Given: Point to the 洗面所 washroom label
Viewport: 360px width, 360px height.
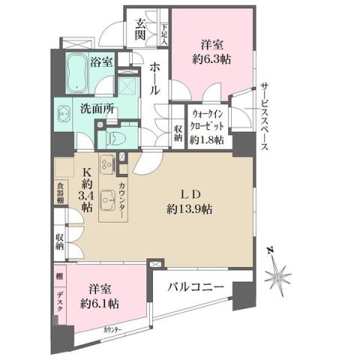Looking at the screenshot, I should tap(97, 108).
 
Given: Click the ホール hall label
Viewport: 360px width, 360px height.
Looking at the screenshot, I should tap(154, 78).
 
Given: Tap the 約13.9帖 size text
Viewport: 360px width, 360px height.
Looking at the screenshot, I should tap(190, 209).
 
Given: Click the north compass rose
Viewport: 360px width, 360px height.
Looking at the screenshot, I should tap(279, 275).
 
